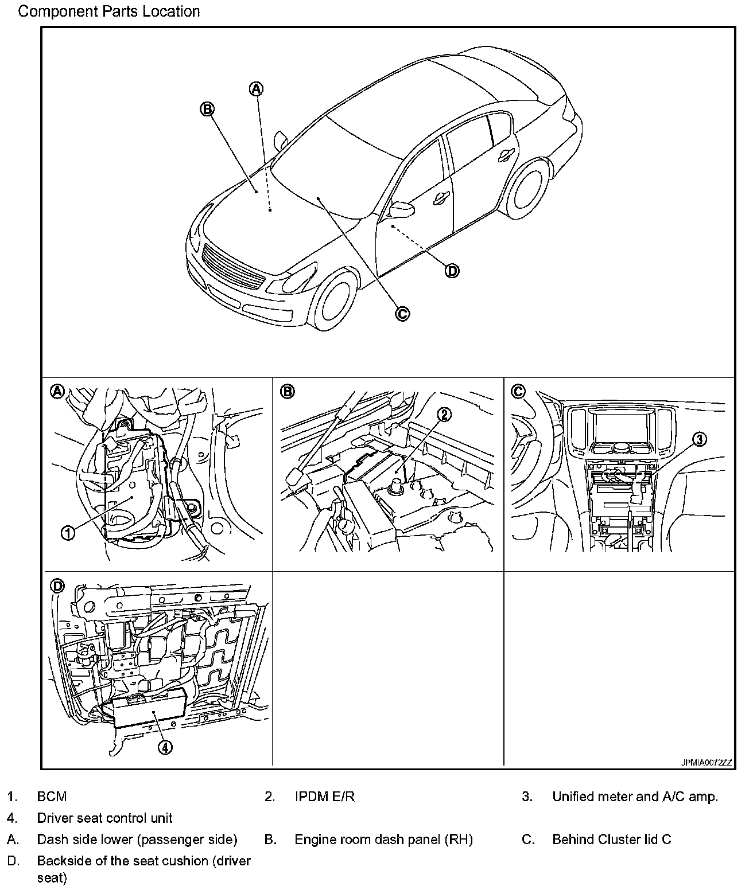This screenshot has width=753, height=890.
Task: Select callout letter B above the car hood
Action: (207, 108)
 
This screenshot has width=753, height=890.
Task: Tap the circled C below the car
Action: (402, 313)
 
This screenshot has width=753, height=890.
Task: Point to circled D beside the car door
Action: (452, 271)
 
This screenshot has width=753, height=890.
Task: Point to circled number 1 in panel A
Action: (68, 533)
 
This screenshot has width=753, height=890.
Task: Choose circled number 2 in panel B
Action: (444, 414)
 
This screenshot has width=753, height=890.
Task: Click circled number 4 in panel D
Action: (164, 747)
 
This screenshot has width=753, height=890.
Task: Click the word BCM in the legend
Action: (52, 797)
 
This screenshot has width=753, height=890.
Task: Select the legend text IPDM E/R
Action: (324, 797)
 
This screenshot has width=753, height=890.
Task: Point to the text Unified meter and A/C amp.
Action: (635, 797)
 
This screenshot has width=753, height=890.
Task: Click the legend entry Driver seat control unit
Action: (104, 818)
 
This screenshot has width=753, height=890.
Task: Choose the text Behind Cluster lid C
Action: (611, 840)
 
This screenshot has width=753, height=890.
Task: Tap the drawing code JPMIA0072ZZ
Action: (707, 763)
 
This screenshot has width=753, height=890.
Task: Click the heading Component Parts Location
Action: (109, 11)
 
